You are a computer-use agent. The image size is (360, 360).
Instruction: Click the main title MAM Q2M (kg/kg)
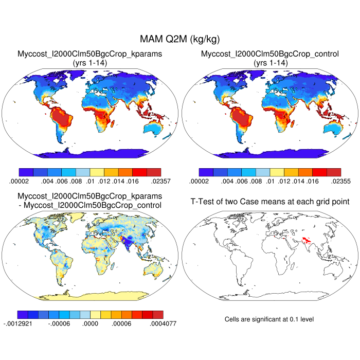[x=179, y=39]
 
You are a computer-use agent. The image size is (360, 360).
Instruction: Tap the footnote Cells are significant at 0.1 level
[x=269, y=319]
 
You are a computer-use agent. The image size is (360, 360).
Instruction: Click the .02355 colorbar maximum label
[x=330, y=181]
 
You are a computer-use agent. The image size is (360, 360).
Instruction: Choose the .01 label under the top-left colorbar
[x=91, y=181]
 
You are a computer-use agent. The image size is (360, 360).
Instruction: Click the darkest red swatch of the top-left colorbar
[x=154, y=172]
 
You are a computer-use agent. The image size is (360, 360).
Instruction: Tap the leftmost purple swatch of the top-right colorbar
[x=205, y=172]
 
